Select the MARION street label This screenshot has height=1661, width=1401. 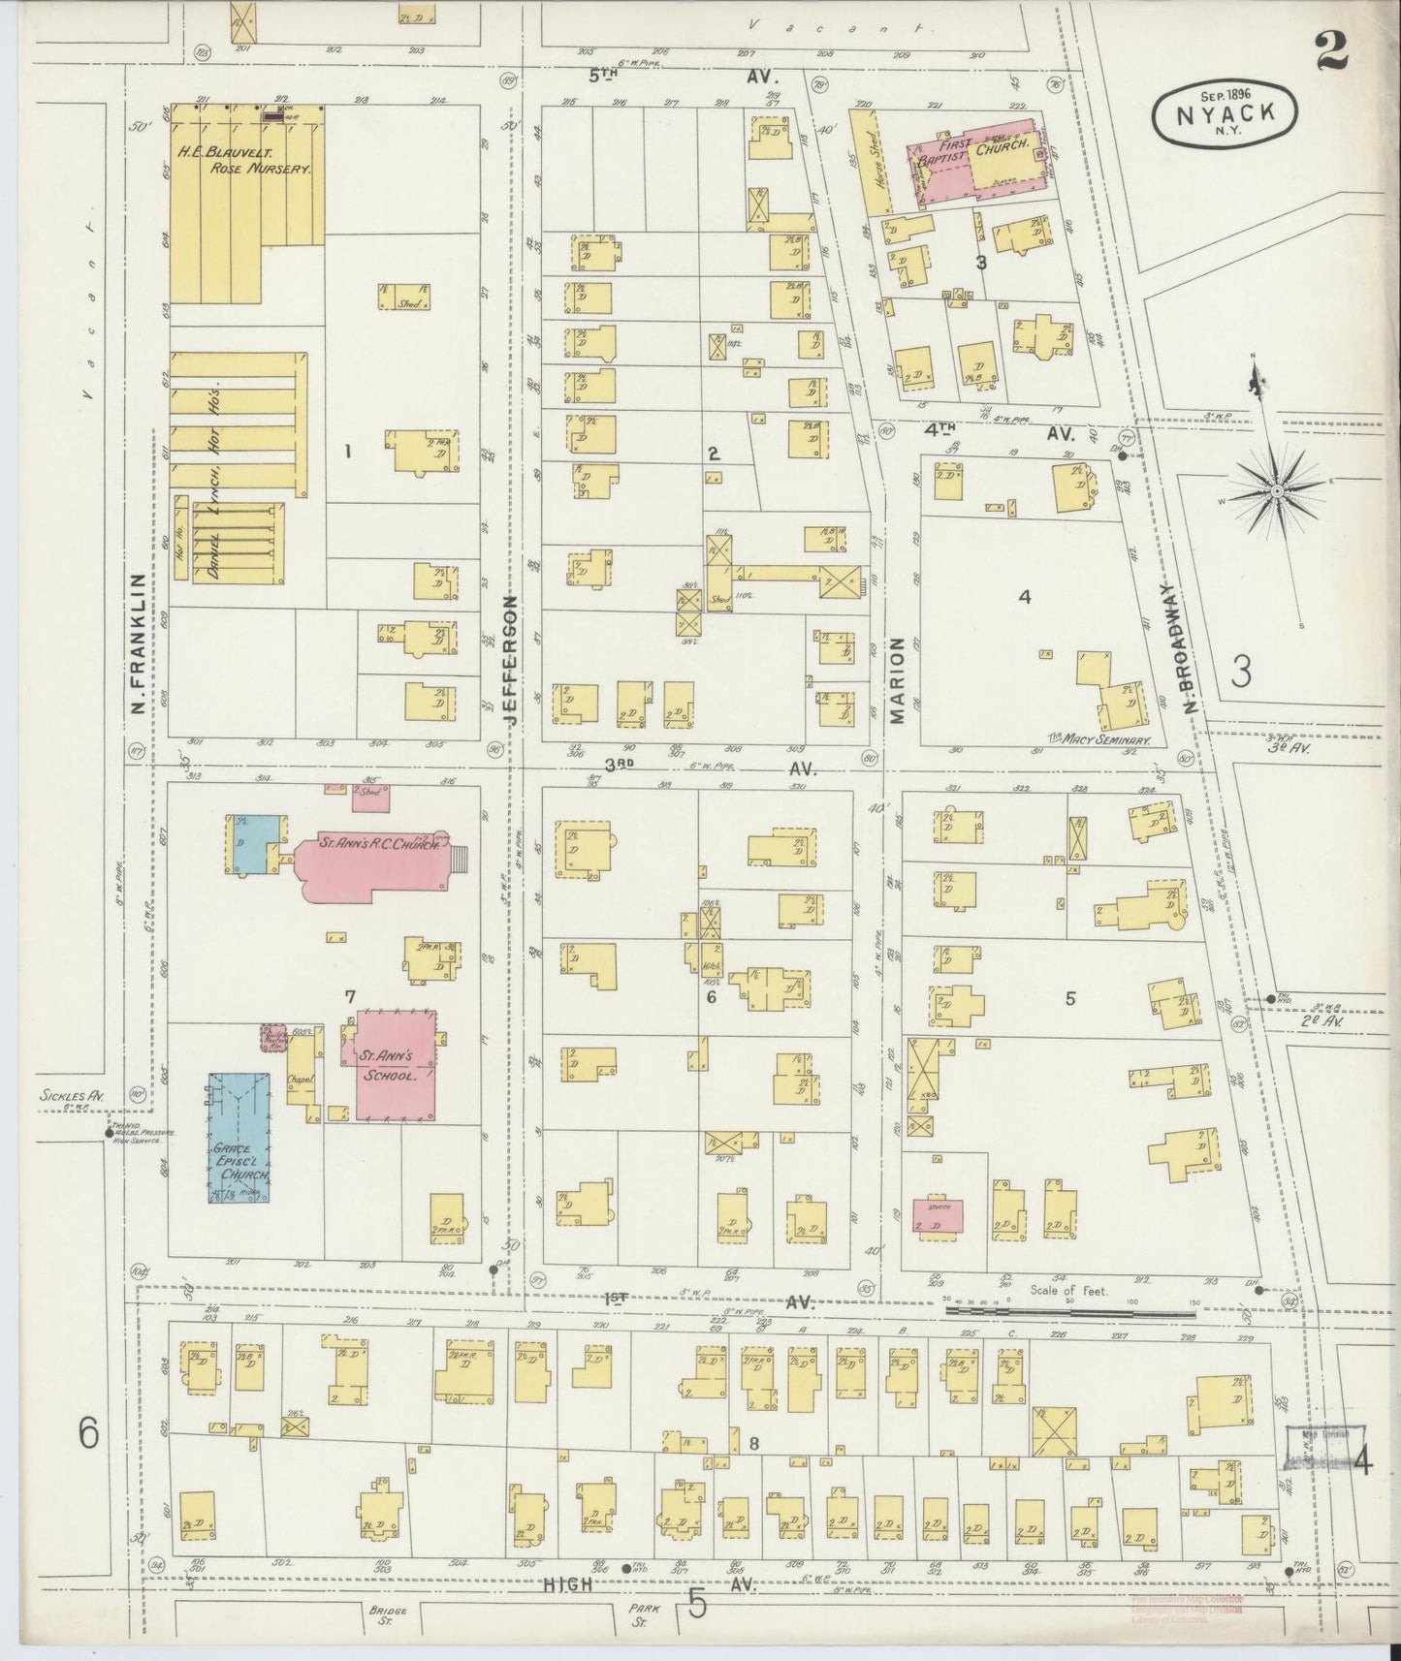pyautogui.click(x=897, y=680)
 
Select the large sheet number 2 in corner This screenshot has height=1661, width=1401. pyautogui.click(x=1331, y=51)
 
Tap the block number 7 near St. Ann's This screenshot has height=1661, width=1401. pyautogui.click(x=350, y=995)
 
